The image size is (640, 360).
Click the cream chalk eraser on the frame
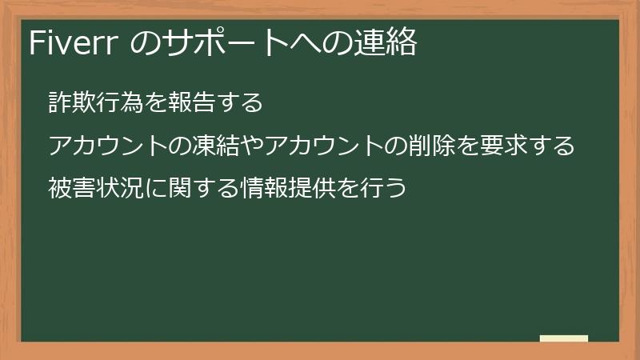564,339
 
